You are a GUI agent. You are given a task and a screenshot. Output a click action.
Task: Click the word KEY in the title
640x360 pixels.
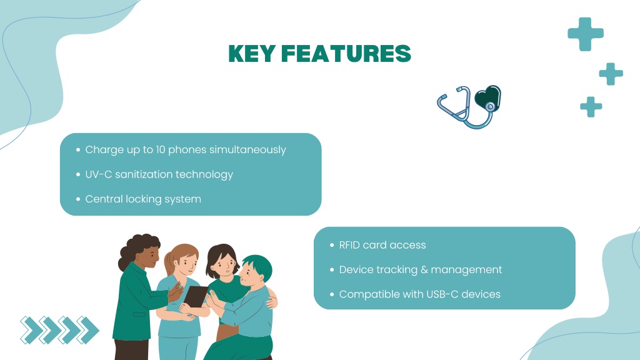click(251, 54)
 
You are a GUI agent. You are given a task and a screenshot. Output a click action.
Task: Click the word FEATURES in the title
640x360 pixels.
click(346, 54)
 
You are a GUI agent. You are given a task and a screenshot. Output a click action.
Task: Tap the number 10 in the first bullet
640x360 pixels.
click(161, 150)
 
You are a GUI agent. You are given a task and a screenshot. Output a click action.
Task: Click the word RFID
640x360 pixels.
click(349, 245)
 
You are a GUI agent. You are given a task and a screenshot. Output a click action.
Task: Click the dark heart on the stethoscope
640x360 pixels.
click(487, 97)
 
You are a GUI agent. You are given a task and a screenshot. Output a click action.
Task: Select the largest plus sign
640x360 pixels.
click(585, 34)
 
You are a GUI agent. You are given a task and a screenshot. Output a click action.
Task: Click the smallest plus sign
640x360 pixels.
click(591, 106)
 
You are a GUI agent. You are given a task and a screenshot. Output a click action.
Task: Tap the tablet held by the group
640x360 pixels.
click(196, 296)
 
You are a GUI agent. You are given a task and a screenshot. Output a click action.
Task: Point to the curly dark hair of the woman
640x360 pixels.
click(136, 248)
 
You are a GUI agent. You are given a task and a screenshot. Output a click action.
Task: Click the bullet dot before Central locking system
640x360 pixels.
click(78, 199)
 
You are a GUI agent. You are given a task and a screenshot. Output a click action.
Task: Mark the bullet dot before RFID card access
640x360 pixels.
click(332, 245)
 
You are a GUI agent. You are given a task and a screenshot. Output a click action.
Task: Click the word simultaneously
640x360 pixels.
click(247, 150)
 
